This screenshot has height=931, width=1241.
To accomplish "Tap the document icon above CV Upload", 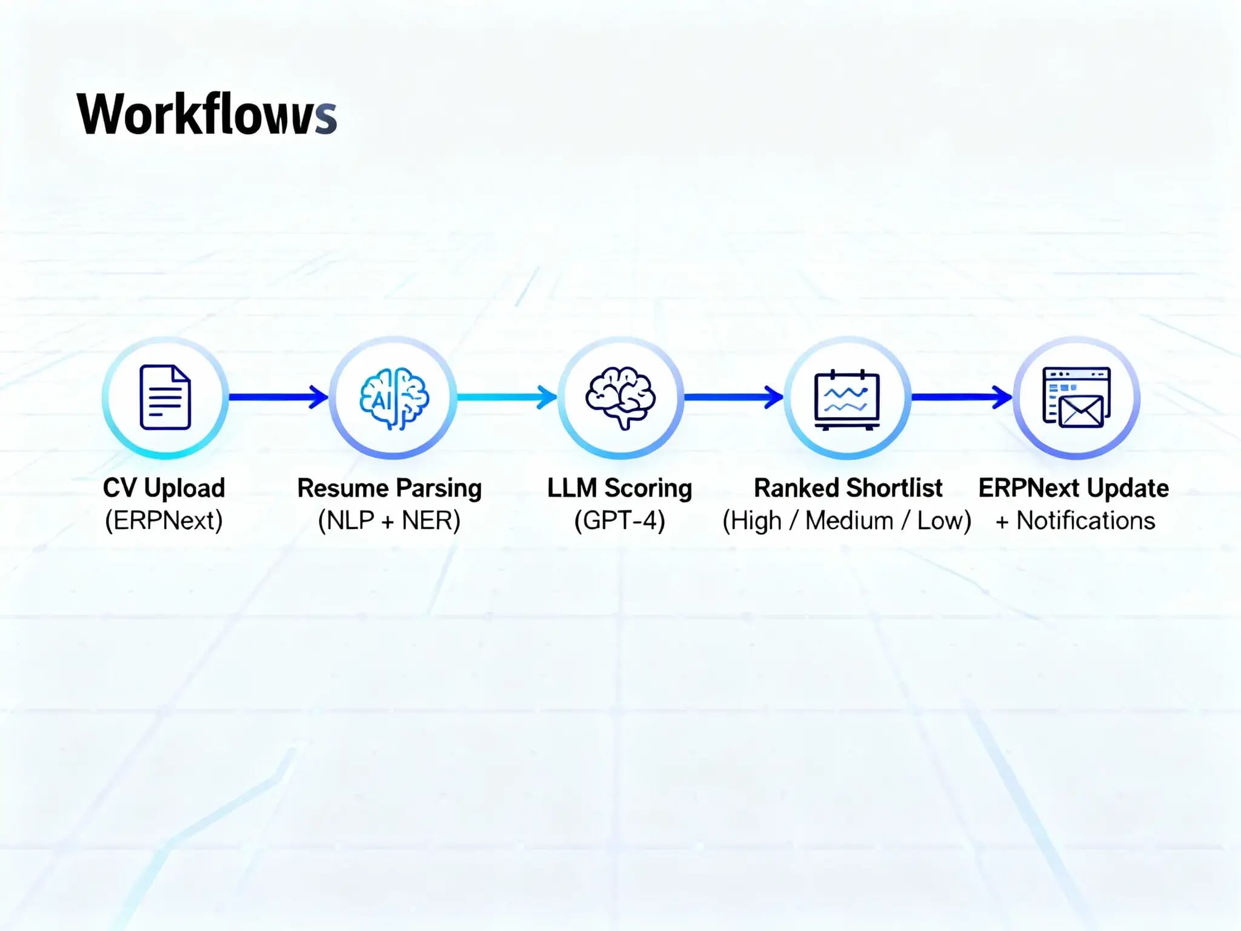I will click(x=165, y=397).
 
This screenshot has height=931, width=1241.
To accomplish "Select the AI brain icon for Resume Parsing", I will click(x=394, y=398).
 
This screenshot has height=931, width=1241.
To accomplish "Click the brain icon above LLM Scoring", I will click(x=620, y=397).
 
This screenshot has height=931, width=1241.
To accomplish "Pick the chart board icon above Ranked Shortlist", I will click(x=847, y=399).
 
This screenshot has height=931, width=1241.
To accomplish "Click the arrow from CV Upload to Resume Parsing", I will click(x=279, y=397).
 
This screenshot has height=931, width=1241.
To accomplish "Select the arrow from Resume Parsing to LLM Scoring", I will click(x=507, y=397).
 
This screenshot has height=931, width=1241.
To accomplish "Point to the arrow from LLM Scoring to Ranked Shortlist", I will click(x=733, y=397).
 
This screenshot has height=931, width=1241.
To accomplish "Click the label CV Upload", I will click(x=164, y=488).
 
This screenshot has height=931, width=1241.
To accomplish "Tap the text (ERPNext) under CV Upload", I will click(x=164, y=521).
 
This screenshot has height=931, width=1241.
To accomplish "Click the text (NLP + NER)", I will click(x=389, y=521).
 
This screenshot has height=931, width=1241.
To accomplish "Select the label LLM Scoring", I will click(x=619, y=488).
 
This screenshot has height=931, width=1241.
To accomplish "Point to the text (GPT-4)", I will click(x=619, y=521).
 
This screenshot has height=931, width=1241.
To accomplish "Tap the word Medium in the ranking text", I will click(x=850, y=521).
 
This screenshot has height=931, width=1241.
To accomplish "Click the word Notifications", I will click(x=1086, y=521).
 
